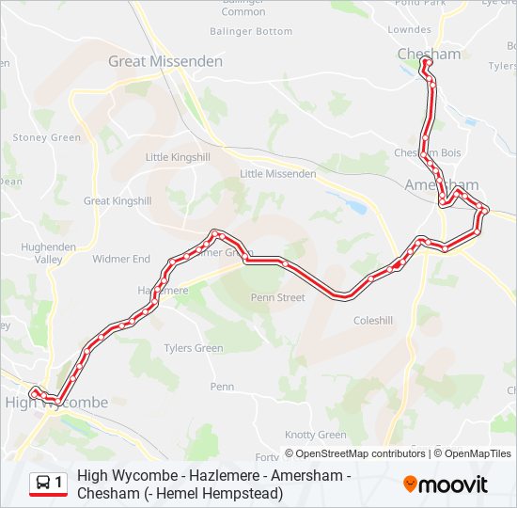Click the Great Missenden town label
165,61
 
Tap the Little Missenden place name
278,174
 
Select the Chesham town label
430,54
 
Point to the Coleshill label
373,320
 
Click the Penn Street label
277,298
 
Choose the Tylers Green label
194,349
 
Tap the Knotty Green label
316,435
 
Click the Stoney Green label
47,138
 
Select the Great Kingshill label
117,201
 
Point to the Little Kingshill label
179,158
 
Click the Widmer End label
121,259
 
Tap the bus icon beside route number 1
42,484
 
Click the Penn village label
222,387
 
